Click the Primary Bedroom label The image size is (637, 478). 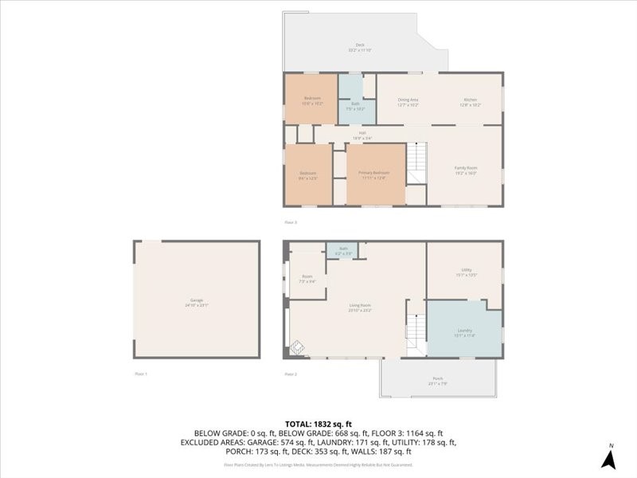click(x=373, y=173)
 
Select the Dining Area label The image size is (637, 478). click(x=408, y=100)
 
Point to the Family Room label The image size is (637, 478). click(x=466, y=168)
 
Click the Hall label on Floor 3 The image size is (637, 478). click(x=362, y=133)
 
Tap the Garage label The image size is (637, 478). click(x=196, y=300)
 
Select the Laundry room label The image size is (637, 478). click(x=465, y=331)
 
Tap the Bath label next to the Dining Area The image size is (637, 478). click(x=356, y=104)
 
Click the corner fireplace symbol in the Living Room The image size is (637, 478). click(x=295, y=347)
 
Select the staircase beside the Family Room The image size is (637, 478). click(x=417, y=163)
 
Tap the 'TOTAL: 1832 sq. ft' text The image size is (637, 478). click(x=318, y=423)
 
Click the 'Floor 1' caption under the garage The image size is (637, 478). click(x=141, y=373)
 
